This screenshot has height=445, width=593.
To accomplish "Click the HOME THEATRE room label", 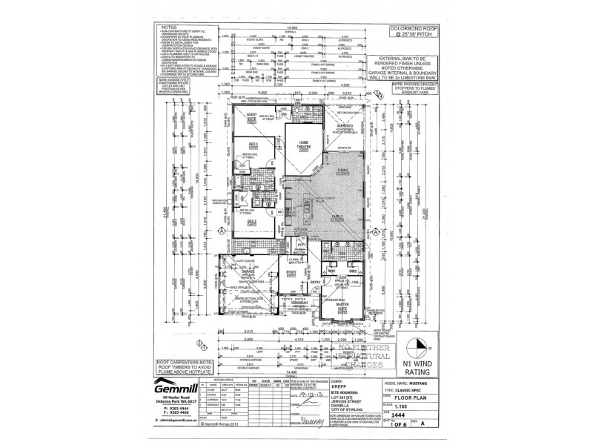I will pos(303,144).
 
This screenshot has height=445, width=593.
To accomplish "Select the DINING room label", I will pos(342,171).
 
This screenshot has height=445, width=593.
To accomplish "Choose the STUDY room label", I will pos(290,274).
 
